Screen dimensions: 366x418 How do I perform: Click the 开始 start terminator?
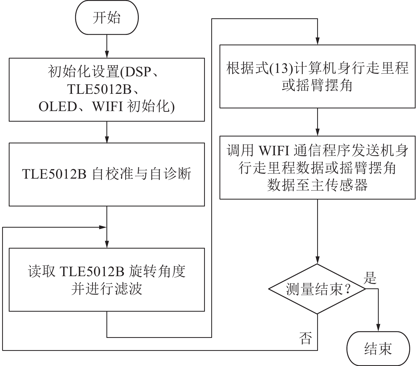(107, 17)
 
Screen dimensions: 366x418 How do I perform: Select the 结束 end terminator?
(378, 348)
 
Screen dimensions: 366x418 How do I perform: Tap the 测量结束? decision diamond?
(317, 289)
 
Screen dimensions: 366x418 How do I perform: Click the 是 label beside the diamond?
(370, 278)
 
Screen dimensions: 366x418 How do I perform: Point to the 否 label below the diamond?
(305, 338)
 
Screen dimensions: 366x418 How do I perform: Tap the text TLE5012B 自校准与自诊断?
(107, 174)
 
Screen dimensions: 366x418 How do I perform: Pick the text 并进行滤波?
(107, 289)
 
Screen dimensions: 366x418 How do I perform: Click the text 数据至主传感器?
(317, 185)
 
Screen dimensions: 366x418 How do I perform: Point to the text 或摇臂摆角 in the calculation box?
(317, 85)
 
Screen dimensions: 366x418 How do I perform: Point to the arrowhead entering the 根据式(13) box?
(317, 41)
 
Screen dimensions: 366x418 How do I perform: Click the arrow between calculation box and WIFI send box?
(317, 122)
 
